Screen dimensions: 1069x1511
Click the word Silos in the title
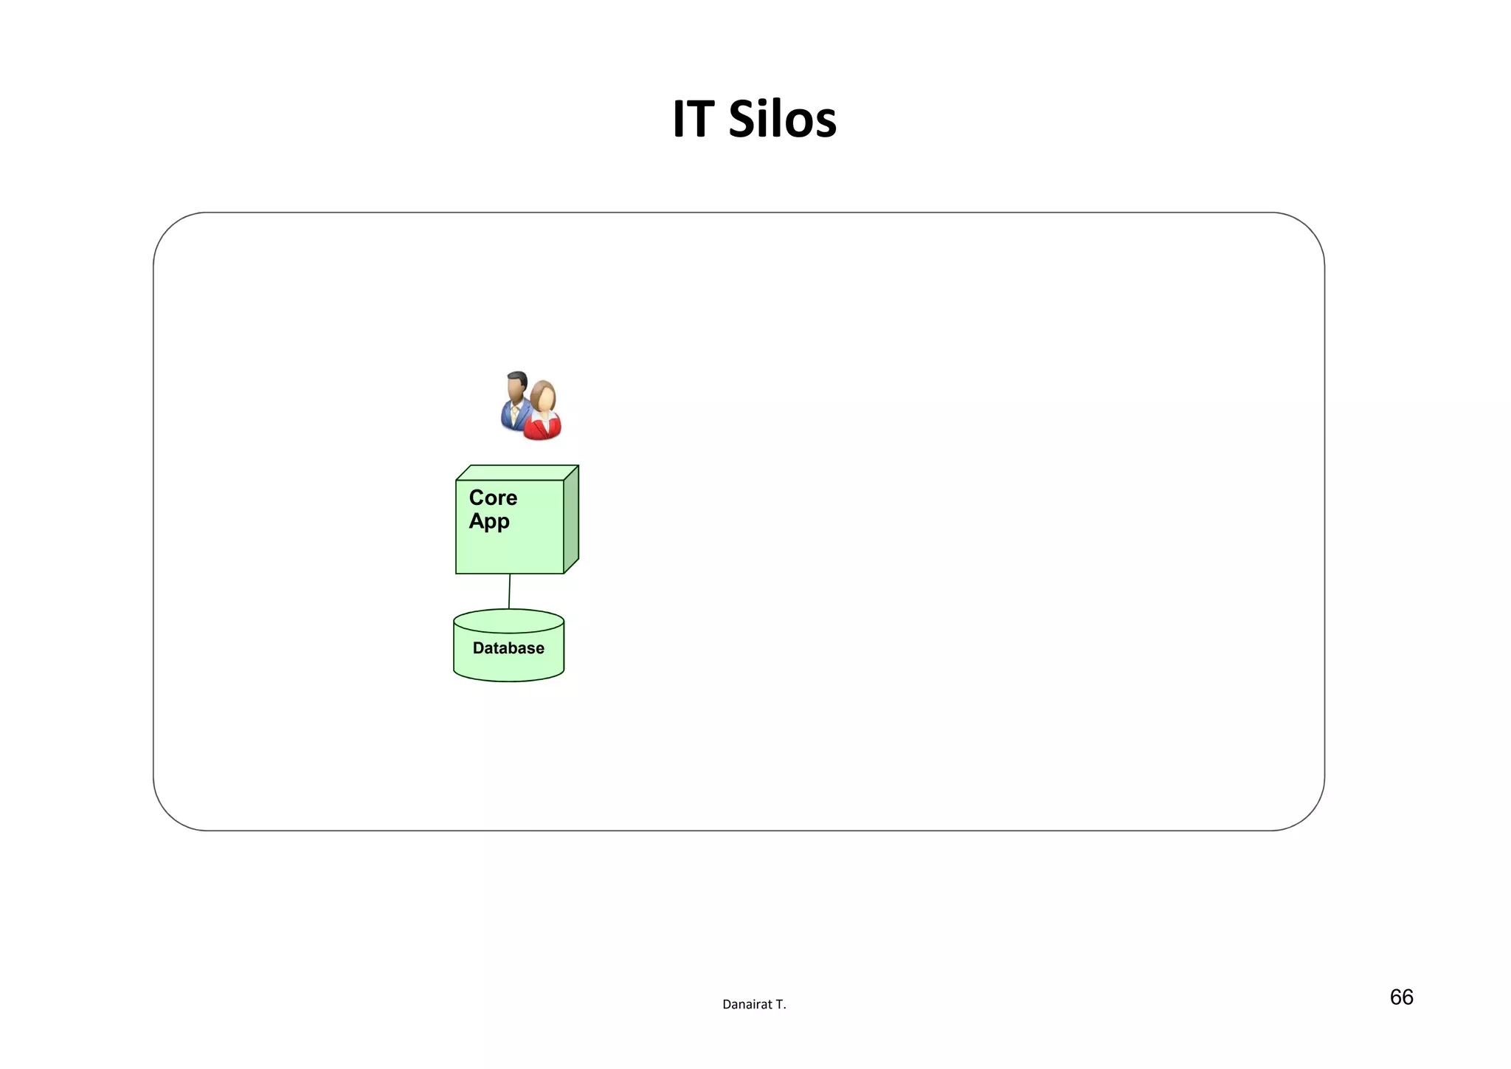click(x=782, y=119)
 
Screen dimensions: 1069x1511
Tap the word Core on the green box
click(x=493, y=498)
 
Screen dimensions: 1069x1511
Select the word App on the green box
click(x=489, y=521)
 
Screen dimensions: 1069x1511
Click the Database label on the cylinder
click(x=508, y=648)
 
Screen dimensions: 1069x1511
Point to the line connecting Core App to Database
click(x=509, y=591)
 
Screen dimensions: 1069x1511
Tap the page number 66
click(x=1401, y=997)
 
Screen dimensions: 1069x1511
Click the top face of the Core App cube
click(x=516, y=472)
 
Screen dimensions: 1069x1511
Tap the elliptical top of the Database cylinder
click(x=508, y=621)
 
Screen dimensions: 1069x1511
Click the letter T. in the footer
click(x=781, y=1004)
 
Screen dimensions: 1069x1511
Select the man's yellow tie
click(x=514, y=414)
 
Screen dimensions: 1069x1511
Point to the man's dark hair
click(x=516, y=377)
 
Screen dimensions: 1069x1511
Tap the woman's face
click(x=545, y=399)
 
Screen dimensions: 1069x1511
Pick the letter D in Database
click(x=478, y=648)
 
